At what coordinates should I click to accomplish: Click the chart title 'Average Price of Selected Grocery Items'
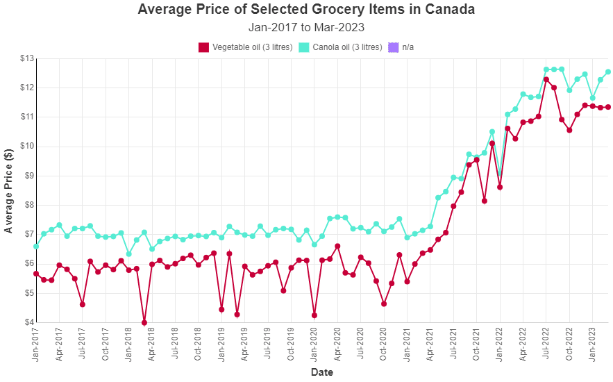(x=306, y=10)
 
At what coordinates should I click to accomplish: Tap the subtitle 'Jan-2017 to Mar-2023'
(x=306, y=28)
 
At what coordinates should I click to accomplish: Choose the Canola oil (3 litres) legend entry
(x=341, y=47)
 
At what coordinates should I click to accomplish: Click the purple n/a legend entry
(x=401, y=47)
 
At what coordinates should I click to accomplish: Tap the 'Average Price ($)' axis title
(x=9, y=190)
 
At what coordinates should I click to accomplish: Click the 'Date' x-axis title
(x=321, y=372)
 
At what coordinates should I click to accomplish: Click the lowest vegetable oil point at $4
(x=144, y=322)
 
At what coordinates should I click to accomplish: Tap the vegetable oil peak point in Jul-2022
(x=546, y=79)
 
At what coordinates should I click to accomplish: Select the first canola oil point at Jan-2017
(x=36, y=247)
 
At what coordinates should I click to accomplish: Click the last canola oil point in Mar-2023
(x=608, y=72)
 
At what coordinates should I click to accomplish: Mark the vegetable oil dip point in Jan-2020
(x=314, y=315)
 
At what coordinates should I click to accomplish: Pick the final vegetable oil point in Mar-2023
(x=608, y=107)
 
